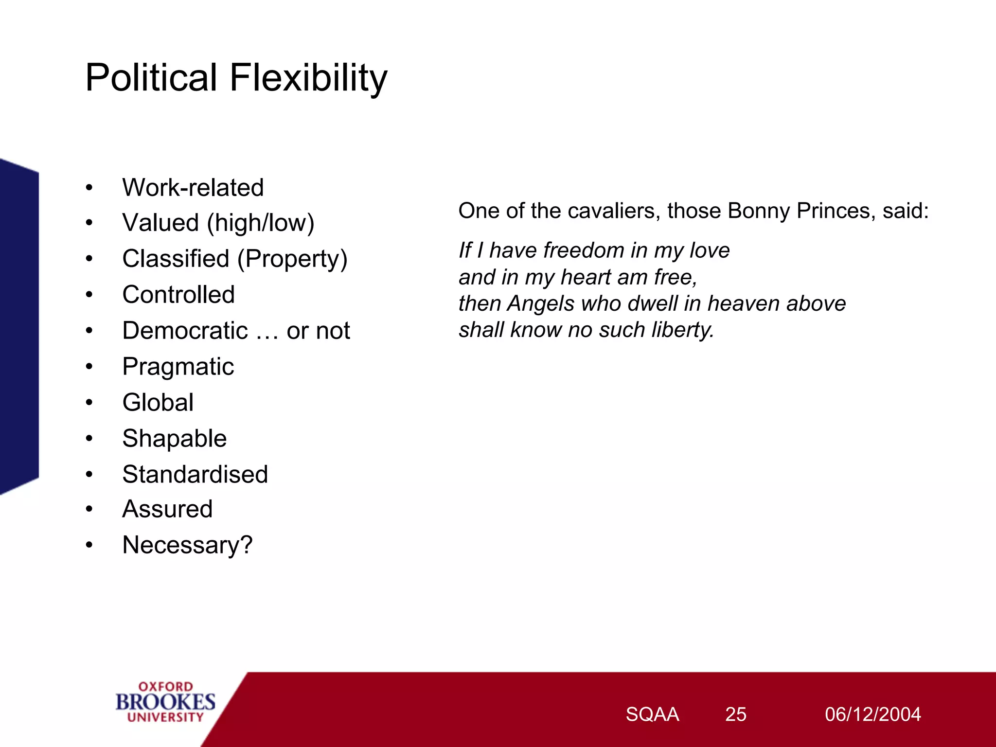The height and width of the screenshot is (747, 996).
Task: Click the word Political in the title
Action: coord(151,78)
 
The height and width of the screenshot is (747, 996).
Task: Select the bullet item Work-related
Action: coord(193,188)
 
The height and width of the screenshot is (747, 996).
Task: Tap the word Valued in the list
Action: coord(160,223)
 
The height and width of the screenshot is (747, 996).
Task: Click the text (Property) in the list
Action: coord(292,259)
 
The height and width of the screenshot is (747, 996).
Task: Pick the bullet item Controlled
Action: coord(178,295)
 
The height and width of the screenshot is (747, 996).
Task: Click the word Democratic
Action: coord(185,331)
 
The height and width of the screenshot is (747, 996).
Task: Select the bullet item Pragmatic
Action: coord(178,367)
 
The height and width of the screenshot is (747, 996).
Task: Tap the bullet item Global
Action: coord(158,403)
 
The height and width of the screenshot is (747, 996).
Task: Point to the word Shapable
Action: coord(174,439)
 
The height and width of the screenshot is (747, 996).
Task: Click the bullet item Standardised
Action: coord(195,474)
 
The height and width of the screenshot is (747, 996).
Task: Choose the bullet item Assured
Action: coord(167,509)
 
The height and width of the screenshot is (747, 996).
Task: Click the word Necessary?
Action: coord(187,545)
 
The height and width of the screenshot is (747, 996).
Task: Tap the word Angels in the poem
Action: coord(541,304)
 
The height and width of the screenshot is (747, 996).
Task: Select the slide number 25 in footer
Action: coord(735,714)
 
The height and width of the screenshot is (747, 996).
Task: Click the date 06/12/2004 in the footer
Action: coord(872,714)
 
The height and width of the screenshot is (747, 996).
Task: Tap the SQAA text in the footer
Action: coord(652,714)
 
